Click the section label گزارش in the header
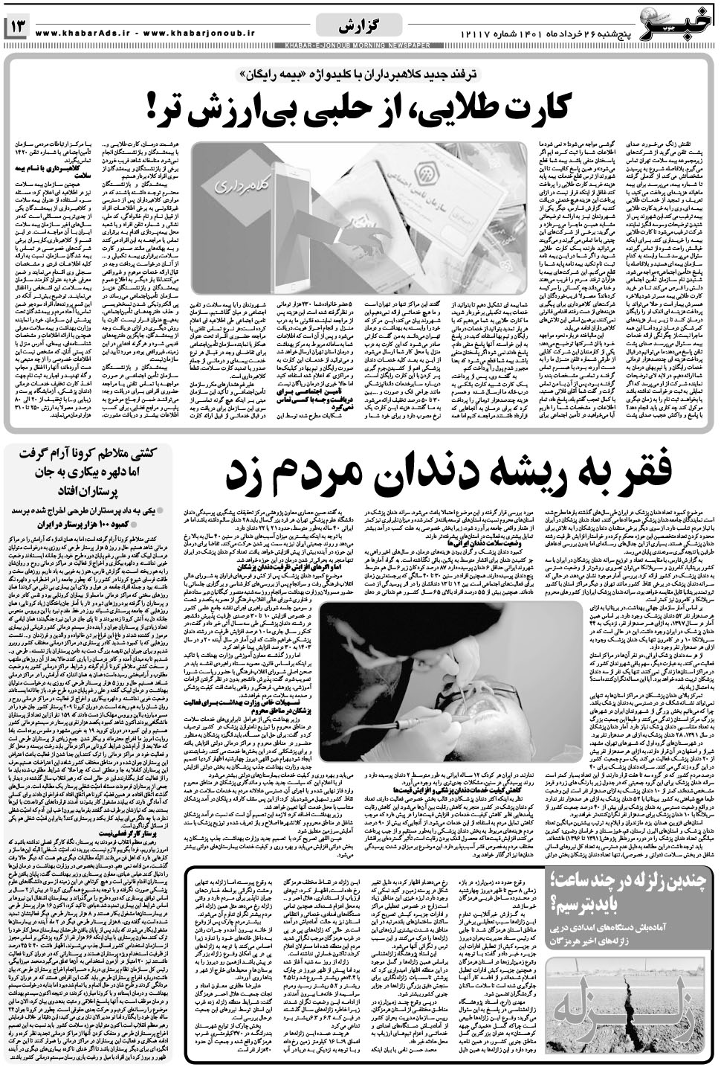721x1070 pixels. pyautogui.click(x=360, y=27)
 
